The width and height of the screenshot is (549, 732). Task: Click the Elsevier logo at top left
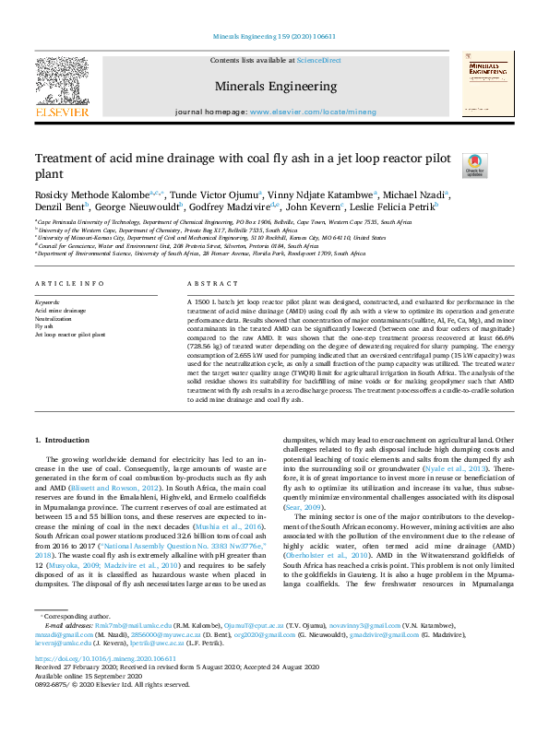click(62, 89)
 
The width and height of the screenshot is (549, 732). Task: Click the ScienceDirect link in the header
click(319, 60)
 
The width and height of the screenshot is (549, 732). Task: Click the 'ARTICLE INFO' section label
click(60, 285)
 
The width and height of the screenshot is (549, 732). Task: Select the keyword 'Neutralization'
click(55, 319)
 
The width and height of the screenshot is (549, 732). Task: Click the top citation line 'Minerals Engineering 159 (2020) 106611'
click(274, 37)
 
